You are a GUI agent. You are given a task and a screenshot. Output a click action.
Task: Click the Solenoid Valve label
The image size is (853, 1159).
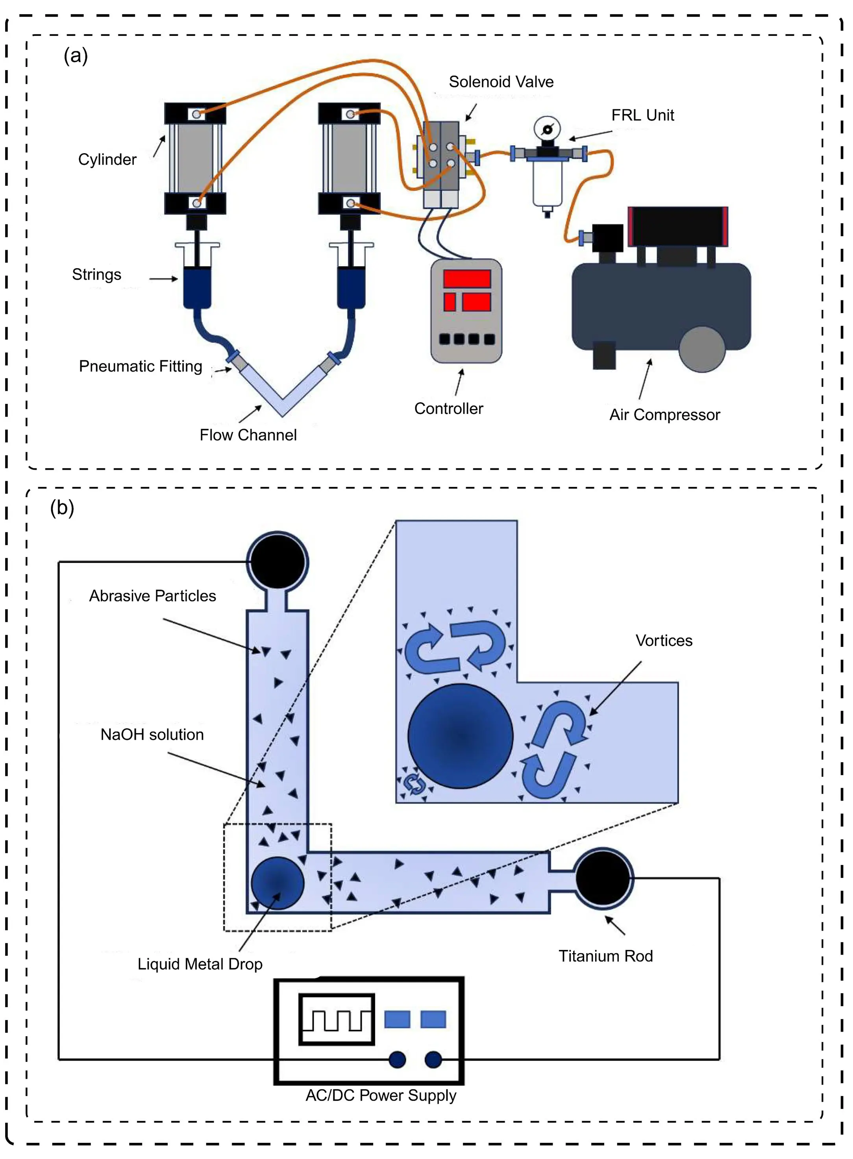[500, 81]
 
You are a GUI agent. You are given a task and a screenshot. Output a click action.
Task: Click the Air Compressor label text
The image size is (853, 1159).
[664, 415]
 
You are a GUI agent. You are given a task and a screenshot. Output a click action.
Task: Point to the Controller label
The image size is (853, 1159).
[448, 408]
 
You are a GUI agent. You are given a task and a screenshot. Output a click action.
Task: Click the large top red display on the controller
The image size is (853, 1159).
[466, 279]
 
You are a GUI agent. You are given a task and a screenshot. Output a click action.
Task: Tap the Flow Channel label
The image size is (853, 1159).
[248, 435]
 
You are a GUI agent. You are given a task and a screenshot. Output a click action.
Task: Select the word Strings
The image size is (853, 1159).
[96, 274]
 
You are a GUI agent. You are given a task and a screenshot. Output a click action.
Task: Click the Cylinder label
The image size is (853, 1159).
[107, 159]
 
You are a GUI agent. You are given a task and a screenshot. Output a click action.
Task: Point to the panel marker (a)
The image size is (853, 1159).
[76, 55]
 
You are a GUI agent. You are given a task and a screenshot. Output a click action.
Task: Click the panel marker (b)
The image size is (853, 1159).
[62, 507]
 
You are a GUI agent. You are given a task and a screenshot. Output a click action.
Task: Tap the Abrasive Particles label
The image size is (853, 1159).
[152, 596]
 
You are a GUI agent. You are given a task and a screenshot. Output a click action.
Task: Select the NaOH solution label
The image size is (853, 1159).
[152, 734]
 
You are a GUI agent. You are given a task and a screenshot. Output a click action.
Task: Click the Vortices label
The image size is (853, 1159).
[664, 640]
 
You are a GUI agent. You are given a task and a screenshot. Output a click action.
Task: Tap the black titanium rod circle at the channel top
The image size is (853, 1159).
[277, 561]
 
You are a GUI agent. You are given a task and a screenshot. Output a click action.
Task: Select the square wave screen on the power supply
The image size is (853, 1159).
[337, 1019]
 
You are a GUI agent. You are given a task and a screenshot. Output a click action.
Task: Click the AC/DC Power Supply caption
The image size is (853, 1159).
[381, 1095]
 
